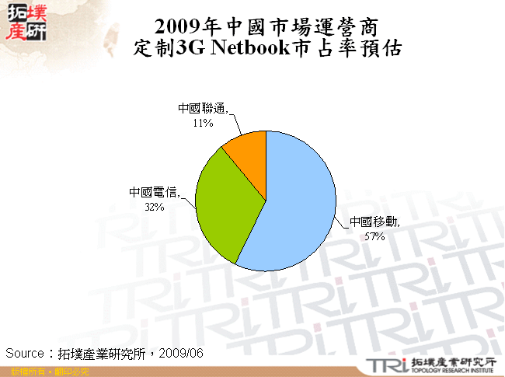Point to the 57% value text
point(374,236)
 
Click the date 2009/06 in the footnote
point(184,353)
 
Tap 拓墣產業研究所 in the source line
point(106,353)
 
